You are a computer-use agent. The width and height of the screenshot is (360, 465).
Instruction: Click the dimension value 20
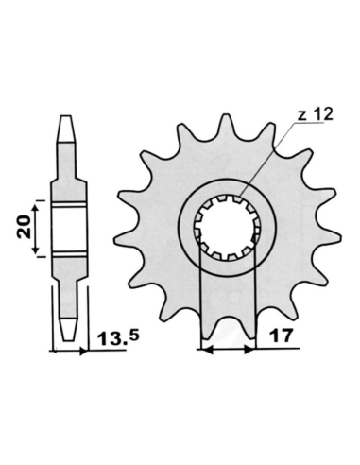[25, 227]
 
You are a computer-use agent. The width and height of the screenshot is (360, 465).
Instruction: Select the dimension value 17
[281, 336]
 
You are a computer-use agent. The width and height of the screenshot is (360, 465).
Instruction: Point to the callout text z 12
[315, 114]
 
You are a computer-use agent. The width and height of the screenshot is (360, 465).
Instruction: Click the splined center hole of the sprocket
[228, 228]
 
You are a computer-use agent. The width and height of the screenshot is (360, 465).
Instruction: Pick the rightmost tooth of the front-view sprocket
[334, 235]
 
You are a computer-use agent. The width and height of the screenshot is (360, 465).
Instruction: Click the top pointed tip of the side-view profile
[65, 116]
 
